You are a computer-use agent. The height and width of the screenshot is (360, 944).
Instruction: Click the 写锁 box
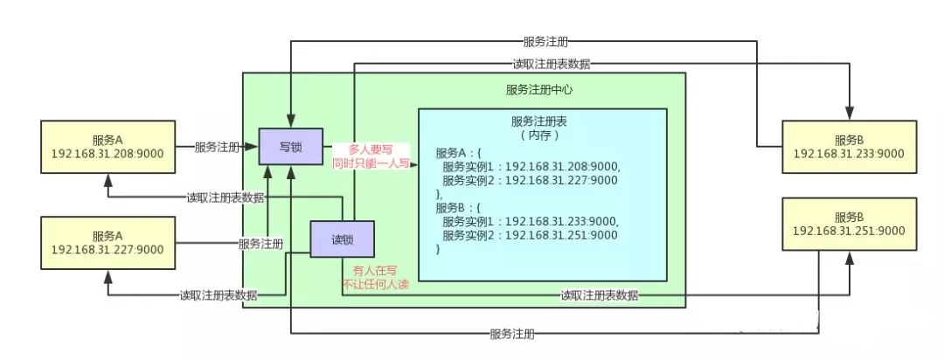pos(290,146)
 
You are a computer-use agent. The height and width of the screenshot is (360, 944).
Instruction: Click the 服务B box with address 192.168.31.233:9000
pos(849,146)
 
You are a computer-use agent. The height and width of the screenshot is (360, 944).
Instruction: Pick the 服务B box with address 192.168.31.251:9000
pos(849,224)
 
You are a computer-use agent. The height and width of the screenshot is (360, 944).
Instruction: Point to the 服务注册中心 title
pos(539,89)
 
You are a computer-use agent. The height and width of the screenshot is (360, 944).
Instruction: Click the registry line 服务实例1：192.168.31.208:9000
pos(530,167)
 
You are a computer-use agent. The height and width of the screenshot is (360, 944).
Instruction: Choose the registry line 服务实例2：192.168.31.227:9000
pos(530,181)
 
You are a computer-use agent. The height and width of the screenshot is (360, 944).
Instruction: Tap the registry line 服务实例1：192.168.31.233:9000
pos(530,222)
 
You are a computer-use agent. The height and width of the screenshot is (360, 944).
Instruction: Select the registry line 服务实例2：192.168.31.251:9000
pos(530,236)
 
